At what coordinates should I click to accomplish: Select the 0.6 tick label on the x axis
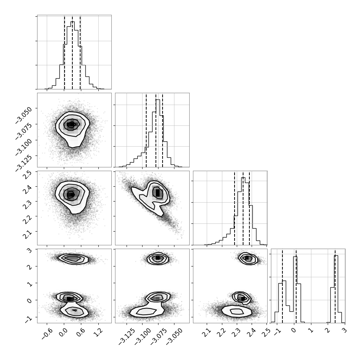(81, 332)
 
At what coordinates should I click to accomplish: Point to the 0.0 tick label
(63, 332)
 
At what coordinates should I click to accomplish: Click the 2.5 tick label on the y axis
(27, 176)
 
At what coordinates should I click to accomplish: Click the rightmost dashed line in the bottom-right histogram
(335, 286)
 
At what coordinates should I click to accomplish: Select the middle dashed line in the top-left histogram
(72, 52)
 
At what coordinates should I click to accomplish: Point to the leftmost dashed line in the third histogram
(235, 208)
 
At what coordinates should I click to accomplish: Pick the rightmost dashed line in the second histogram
(163, 130)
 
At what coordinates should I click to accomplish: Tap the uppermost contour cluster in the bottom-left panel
(73, 259)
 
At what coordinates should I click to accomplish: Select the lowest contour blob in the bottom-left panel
(74, 311)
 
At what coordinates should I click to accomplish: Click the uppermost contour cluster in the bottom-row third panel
(248, 259)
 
